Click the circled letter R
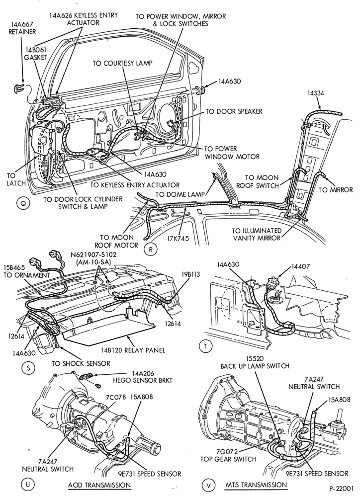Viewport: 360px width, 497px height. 151,249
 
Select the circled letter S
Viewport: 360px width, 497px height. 28,368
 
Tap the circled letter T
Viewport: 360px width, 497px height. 205,346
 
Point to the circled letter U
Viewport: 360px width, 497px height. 27,484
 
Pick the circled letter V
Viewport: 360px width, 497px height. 208,485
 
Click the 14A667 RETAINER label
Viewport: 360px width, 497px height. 22,28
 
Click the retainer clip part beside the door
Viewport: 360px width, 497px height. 18,89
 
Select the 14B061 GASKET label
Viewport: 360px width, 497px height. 35,54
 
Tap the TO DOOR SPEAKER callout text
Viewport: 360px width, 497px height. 234,111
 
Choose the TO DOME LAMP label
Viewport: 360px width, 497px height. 180,194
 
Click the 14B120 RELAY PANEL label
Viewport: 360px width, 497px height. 133,350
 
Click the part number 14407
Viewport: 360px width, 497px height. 299,266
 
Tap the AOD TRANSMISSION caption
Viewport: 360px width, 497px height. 99,485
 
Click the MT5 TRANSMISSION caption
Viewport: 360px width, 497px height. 256,485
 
